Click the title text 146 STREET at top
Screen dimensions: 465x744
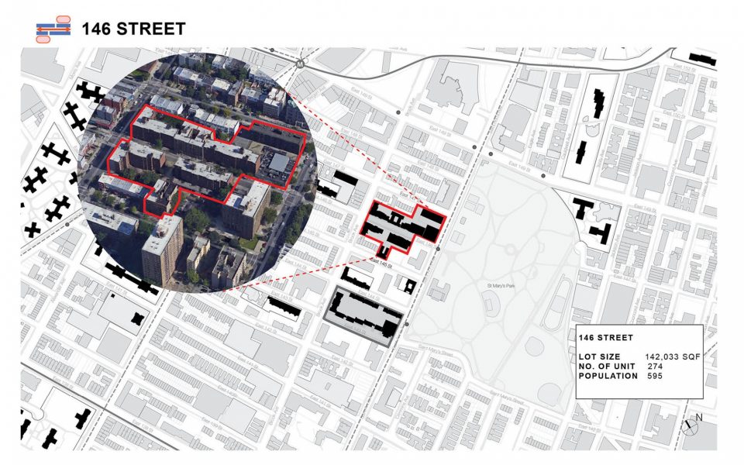(x=134, y=29)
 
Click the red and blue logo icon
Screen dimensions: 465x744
(x=53, y=29)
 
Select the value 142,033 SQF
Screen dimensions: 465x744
(x=673, y=356)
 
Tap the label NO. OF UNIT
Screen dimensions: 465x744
(x=608, y=366)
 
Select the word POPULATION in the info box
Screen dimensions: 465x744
(x=608, y=376)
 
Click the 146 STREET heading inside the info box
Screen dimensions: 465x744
(x=606, y=338)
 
